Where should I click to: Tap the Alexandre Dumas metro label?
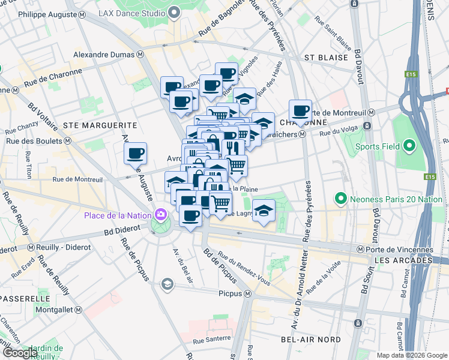point(108,54)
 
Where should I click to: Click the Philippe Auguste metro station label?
point(41,13)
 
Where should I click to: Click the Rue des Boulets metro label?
point(33,141)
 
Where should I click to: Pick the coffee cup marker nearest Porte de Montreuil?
point(300,110)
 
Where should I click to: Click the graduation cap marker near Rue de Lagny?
point(264,211)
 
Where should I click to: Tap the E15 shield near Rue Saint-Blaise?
point(411,74)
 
